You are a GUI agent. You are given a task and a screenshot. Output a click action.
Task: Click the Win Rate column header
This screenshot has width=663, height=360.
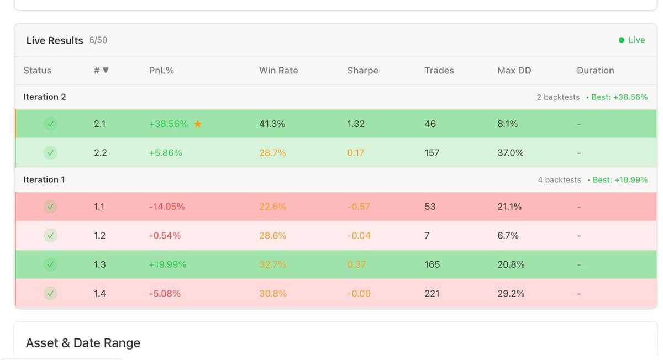(278, 71)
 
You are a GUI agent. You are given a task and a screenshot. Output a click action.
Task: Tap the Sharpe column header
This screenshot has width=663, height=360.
(362, 71)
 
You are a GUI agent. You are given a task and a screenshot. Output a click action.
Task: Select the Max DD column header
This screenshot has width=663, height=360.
(514, 71)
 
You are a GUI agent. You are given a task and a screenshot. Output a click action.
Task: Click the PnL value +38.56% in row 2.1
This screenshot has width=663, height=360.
(169, 124)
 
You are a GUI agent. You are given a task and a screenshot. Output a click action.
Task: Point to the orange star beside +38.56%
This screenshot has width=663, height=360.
(198, 124)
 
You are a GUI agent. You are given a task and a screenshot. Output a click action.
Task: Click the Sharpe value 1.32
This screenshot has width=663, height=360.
(356, 124)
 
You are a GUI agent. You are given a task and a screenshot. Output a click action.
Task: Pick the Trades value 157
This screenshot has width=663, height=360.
(432, 153)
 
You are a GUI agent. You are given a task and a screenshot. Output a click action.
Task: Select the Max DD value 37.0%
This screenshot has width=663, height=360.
(511, 153)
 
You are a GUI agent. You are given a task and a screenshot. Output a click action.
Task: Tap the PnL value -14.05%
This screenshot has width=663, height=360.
(167, 207)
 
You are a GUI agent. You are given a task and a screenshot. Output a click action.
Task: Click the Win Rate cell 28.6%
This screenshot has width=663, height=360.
(273, 236)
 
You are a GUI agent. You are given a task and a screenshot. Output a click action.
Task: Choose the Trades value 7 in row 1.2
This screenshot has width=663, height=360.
(427, 236)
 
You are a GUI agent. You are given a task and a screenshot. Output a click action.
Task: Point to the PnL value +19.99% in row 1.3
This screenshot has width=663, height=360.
(167, 265)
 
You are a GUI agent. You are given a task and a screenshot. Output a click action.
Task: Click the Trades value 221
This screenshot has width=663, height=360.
(432, 294)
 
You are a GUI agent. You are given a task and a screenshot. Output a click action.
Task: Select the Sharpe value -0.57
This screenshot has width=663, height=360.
(359, 207)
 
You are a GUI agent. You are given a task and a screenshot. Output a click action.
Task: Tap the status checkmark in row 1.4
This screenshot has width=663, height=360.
(51, 294)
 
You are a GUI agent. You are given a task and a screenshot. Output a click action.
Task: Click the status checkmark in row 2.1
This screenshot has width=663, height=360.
(51, 124)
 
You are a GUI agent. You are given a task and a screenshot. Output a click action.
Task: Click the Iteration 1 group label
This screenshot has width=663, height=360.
(44, 180)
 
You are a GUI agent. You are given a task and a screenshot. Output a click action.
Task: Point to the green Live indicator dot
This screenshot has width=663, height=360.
(622, 40)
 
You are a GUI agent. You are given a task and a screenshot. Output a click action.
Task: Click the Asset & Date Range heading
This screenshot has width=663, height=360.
(83, 343)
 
